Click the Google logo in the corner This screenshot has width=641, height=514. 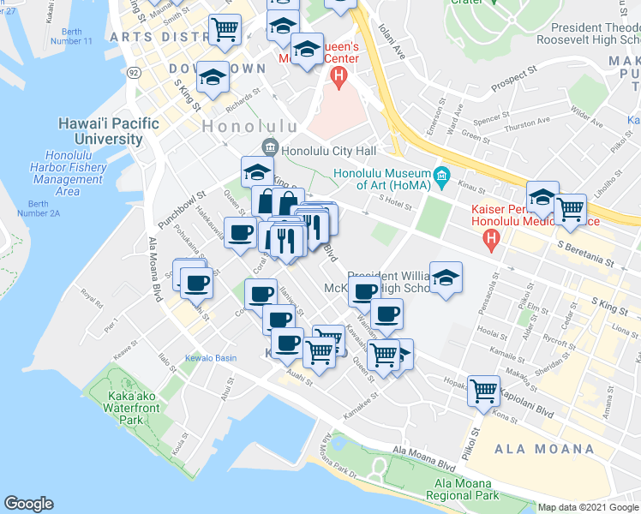coord(29,504)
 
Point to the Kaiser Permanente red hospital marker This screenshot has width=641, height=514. coord(492,240)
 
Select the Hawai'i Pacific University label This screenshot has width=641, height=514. coord(108,131)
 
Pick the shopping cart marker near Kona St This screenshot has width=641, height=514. coord(484,390)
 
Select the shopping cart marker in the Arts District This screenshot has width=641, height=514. coord(225,29)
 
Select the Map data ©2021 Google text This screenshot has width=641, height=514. coord(587,507)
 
